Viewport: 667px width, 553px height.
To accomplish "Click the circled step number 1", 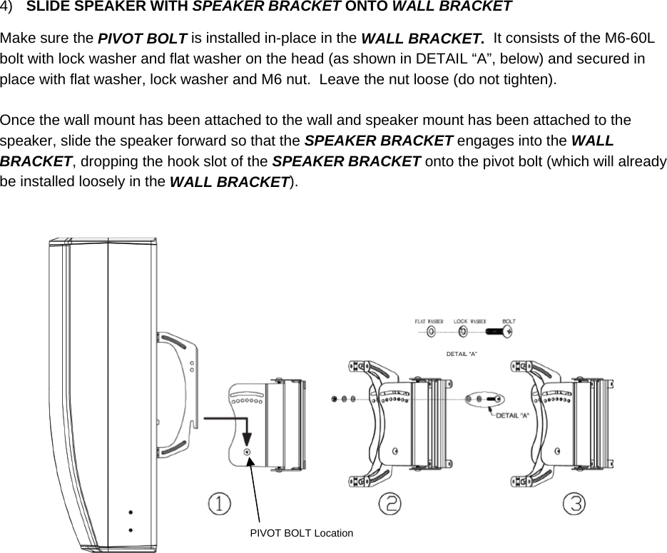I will click(x=219, y=504).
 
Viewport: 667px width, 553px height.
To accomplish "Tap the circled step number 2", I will click(x=389, y=504).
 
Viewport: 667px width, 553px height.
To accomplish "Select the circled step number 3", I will click(x=575, y=504).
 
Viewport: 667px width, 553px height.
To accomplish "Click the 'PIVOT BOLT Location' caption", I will click(x=301, y=533).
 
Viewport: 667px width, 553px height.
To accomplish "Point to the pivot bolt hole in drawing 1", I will click(x=247, y=452).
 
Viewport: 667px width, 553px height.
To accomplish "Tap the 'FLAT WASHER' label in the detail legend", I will click(x=429, y=322).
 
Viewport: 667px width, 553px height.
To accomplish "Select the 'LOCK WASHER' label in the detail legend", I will click(x=469, y=322).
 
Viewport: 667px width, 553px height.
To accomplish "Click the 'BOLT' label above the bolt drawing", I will click(x=509, y=322).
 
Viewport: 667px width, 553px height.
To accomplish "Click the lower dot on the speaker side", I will click(x=130, y=529).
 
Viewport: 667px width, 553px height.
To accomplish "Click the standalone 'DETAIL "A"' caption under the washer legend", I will click(x=462, y=354).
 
